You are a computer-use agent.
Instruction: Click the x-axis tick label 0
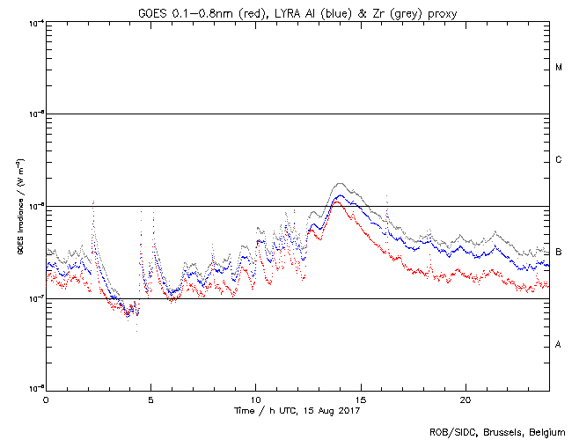coord(46,398)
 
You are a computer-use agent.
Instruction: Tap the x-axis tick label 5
coord(150,398)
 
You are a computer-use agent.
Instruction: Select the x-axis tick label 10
coord(255,398)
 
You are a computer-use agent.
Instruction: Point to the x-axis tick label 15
coord(360,398)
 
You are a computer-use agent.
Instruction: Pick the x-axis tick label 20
coord(465,398)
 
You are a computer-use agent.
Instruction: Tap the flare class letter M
coord(559,68)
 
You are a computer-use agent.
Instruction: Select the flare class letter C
coord(559,160)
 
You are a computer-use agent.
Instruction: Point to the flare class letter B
coord(559,252)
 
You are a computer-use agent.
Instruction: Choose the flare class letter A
coord(559,344)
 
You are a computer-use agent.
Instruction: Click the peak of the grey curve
coord(340,183)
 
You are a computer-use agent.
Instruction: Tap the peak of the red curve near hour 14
coord(335,202)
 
